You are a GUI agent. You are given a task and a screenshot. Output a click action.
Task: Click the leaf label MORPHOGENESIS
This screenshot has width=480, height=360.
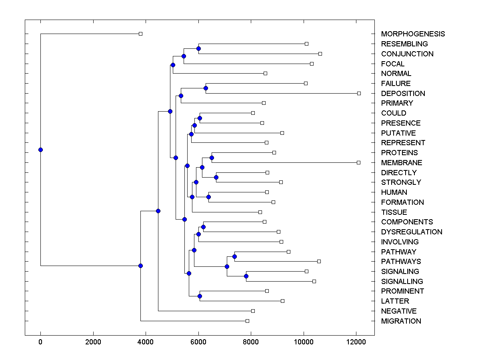pos(413,34)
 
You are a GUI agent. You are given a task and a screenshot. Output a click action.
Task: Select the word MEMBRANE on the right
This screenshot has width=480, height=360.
pos(402,163)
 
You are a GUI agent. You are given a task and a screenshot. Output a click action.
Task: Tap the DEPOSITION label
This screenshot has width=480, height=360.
pos(403,94)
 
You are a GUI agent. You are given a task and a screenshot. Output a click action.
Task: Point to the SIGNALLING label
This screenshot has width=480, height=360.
pos(402,282)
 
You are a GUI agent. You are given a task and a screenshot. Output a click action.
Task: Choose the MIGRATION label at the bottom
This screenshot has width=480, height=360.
pos(401,321)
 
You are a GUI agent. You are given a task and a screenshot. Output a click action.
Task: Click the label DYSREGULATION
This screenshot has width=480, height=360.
pos(412,232)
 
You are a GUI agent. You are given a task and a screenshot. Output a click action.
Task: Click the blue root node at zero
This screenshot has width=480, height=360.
pos(40,150)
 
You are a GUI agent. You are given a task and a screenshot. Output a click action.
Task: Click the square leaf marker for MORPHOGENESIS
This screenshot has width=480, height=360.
pos(140,34)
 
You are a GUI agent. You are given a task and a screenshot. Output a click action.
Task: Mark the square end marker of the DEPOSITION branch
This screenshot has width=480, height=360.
pos(359,93)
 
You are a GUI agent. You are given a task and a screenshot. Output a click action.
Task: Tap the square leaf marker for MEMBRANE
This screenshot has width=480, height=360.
pos(358,162)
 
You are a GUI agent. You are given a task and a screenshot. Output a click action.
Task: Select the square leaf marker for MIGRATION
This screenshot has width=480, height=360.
pos(247,321)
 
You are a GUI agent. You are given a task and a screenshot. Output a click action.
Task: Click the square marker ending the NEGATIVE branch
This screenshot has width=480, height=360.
pos(253,311)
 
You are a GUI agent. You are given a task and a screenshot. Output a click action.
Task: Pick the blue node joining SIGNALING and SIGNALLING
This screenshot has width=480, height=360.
pos(246,276)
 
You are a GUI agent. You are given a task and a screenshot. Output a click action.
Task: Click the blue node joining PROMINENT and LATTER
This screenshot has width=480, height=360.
pos(200,296)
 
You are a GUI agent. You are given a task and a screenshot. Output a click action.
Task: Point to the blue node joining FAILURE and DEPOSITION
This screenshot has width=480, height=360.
pos(206,88)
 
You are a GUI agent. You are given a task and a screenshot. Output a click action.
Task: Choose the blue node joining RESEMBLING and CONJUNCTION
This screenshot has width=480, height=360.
pos(198,48)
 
